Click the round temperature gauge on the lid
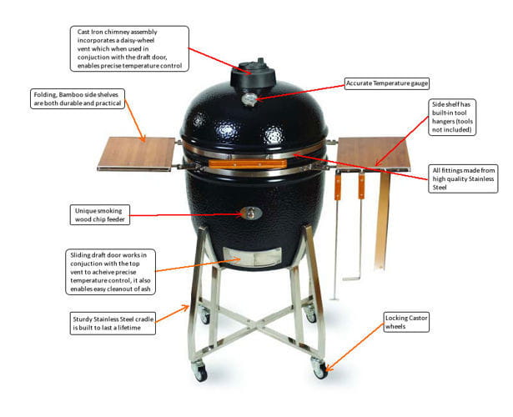(x=249, y=99)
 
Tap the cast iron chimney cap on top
(x=253, y=74)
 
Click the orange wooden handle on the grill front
(x=248, y=163)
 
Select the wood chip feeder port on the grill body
(x=251, y=214)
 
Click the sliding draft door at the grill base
(x=252, y=257)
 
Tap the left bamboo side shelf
(x=137, y=153)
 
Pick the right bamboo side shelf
(x=374, y=153)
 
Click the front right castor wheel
(x=319, y=369)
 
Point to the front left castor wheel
(x=199, y=371)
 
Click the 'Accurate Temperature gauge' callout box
(x=387, y=83)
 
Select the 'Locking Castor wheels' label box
(x=406, y=322)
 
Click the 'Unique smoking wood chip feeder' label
(x=100, y=215)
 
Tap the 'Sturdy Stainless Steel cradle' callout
(x=113, y=323)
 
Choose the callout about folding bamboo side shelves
(x=78, y=98)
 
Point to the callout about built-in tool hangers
(x=452, y=117)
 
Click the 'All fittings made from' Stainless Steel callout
(x=463, y=178)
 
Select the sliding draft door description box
(x=110, y=272)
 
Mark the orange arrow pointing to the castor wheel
(x=355, y=347)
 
